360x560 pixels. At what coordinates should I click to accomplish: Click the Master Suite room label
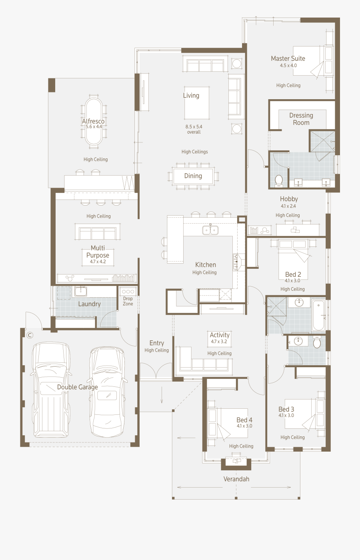point(288,58)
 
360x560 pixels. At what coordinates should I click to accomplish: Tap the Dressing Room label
point(301,119)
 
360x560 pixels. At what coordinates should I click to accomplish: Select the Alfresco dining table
point(94,121)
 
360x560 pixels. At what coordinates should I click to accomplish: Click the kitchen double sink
point(210,230)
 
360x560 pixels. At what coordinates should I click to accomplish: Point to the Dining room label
point(193,176)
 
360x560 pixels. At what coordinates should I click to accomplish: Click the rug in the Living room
point(196,103)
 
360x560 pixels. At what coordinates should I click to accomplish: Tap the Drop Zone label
point(128,301)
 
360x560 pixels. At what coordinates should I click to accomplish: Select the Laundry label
point(89,304)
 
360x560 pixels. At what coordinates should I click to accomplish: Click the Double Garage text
point(77,387)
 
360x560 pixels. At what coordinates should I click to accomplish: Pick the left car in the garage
point(51,390)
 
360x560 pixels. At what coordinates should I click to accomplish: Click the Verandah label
point(236,479)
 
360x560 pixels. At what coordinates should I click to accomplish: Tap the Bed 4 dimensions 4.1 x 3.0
point(244,426)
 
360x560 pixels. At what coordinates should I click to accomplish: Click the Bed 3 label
point(286,409)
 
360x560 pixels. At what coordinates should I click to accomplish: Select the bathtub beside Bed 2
point(318,315)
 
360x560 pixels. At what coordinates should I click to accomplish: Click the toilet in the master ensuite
point(279,180)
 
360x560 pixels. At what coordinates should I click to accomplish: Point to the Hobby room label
point(289,199)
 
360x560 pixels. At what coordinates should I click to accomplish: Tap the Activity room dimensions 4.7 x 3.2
point(219,342)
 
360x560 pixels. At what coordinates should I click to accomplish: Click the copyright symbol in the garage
point(30,335)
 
